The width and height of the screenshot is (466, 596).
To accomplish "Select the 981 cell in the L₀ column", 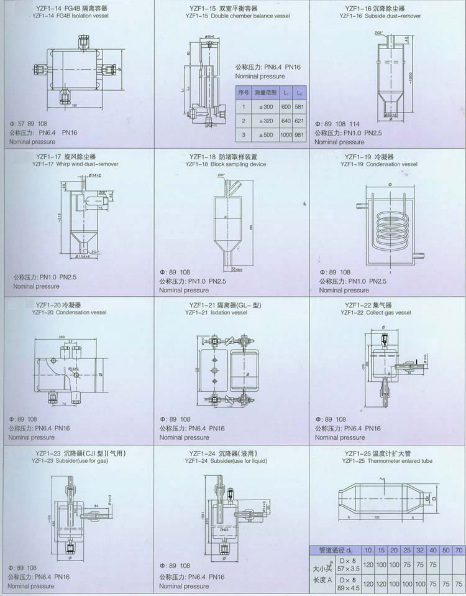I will click(x=300, y=134).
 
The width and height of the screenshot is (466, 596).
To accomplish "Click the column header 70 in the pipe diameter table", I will click(x=459, y=550).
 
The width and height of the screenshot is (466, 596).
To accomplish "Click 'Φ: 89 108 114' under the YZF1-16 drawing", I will click(x=338, y=124).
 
